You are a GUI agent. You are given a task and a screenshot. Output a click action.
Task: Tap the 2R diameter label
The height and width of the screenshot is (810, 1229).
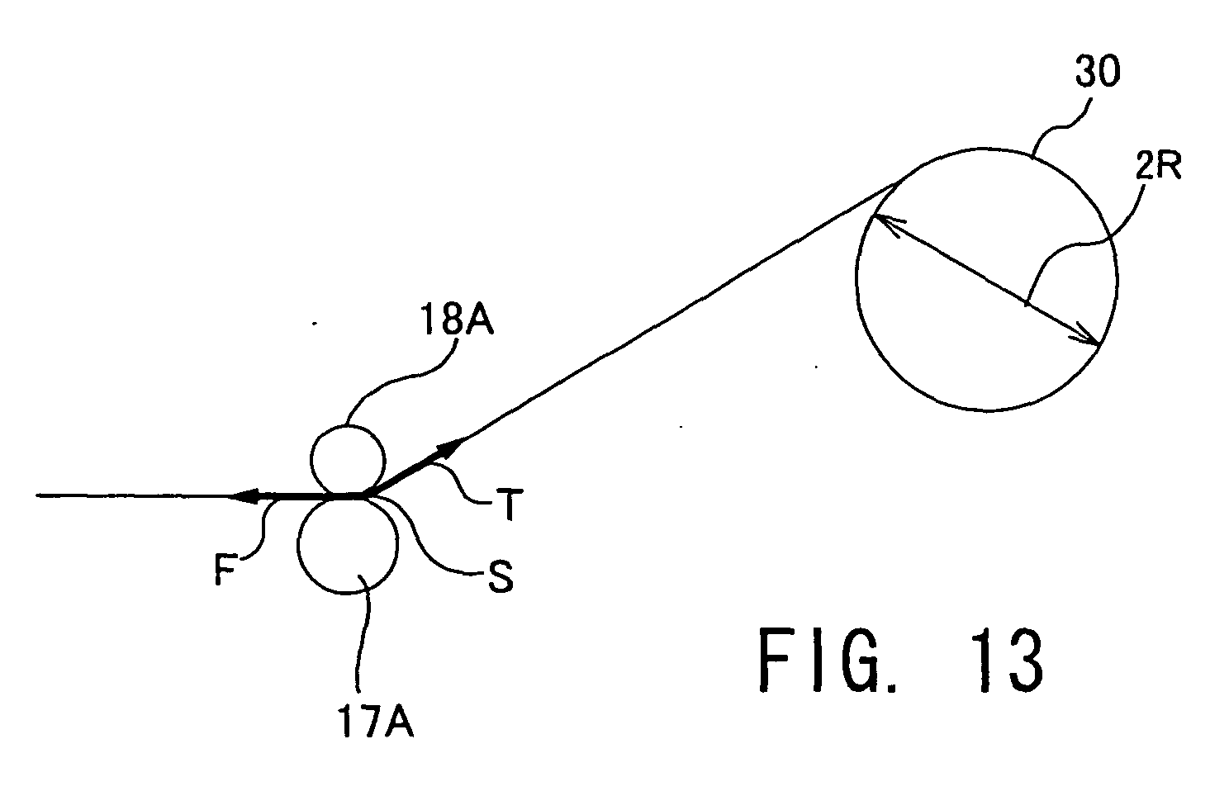pyautogui.click(x=1158, y=166)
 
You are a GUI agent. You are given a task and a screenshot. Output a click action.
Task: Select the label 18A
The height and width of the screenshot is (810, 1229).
pyautogui.click(x=457, y=320)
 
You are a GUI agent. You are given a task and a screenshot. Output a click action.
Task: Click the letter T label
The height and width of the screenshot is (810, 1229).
pyautogui.click(x=509, y=504)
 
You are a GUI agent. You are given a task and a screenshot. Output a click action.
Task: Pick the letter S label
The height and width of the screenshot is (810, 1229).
pyautogui.click(x=501, y=576)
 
